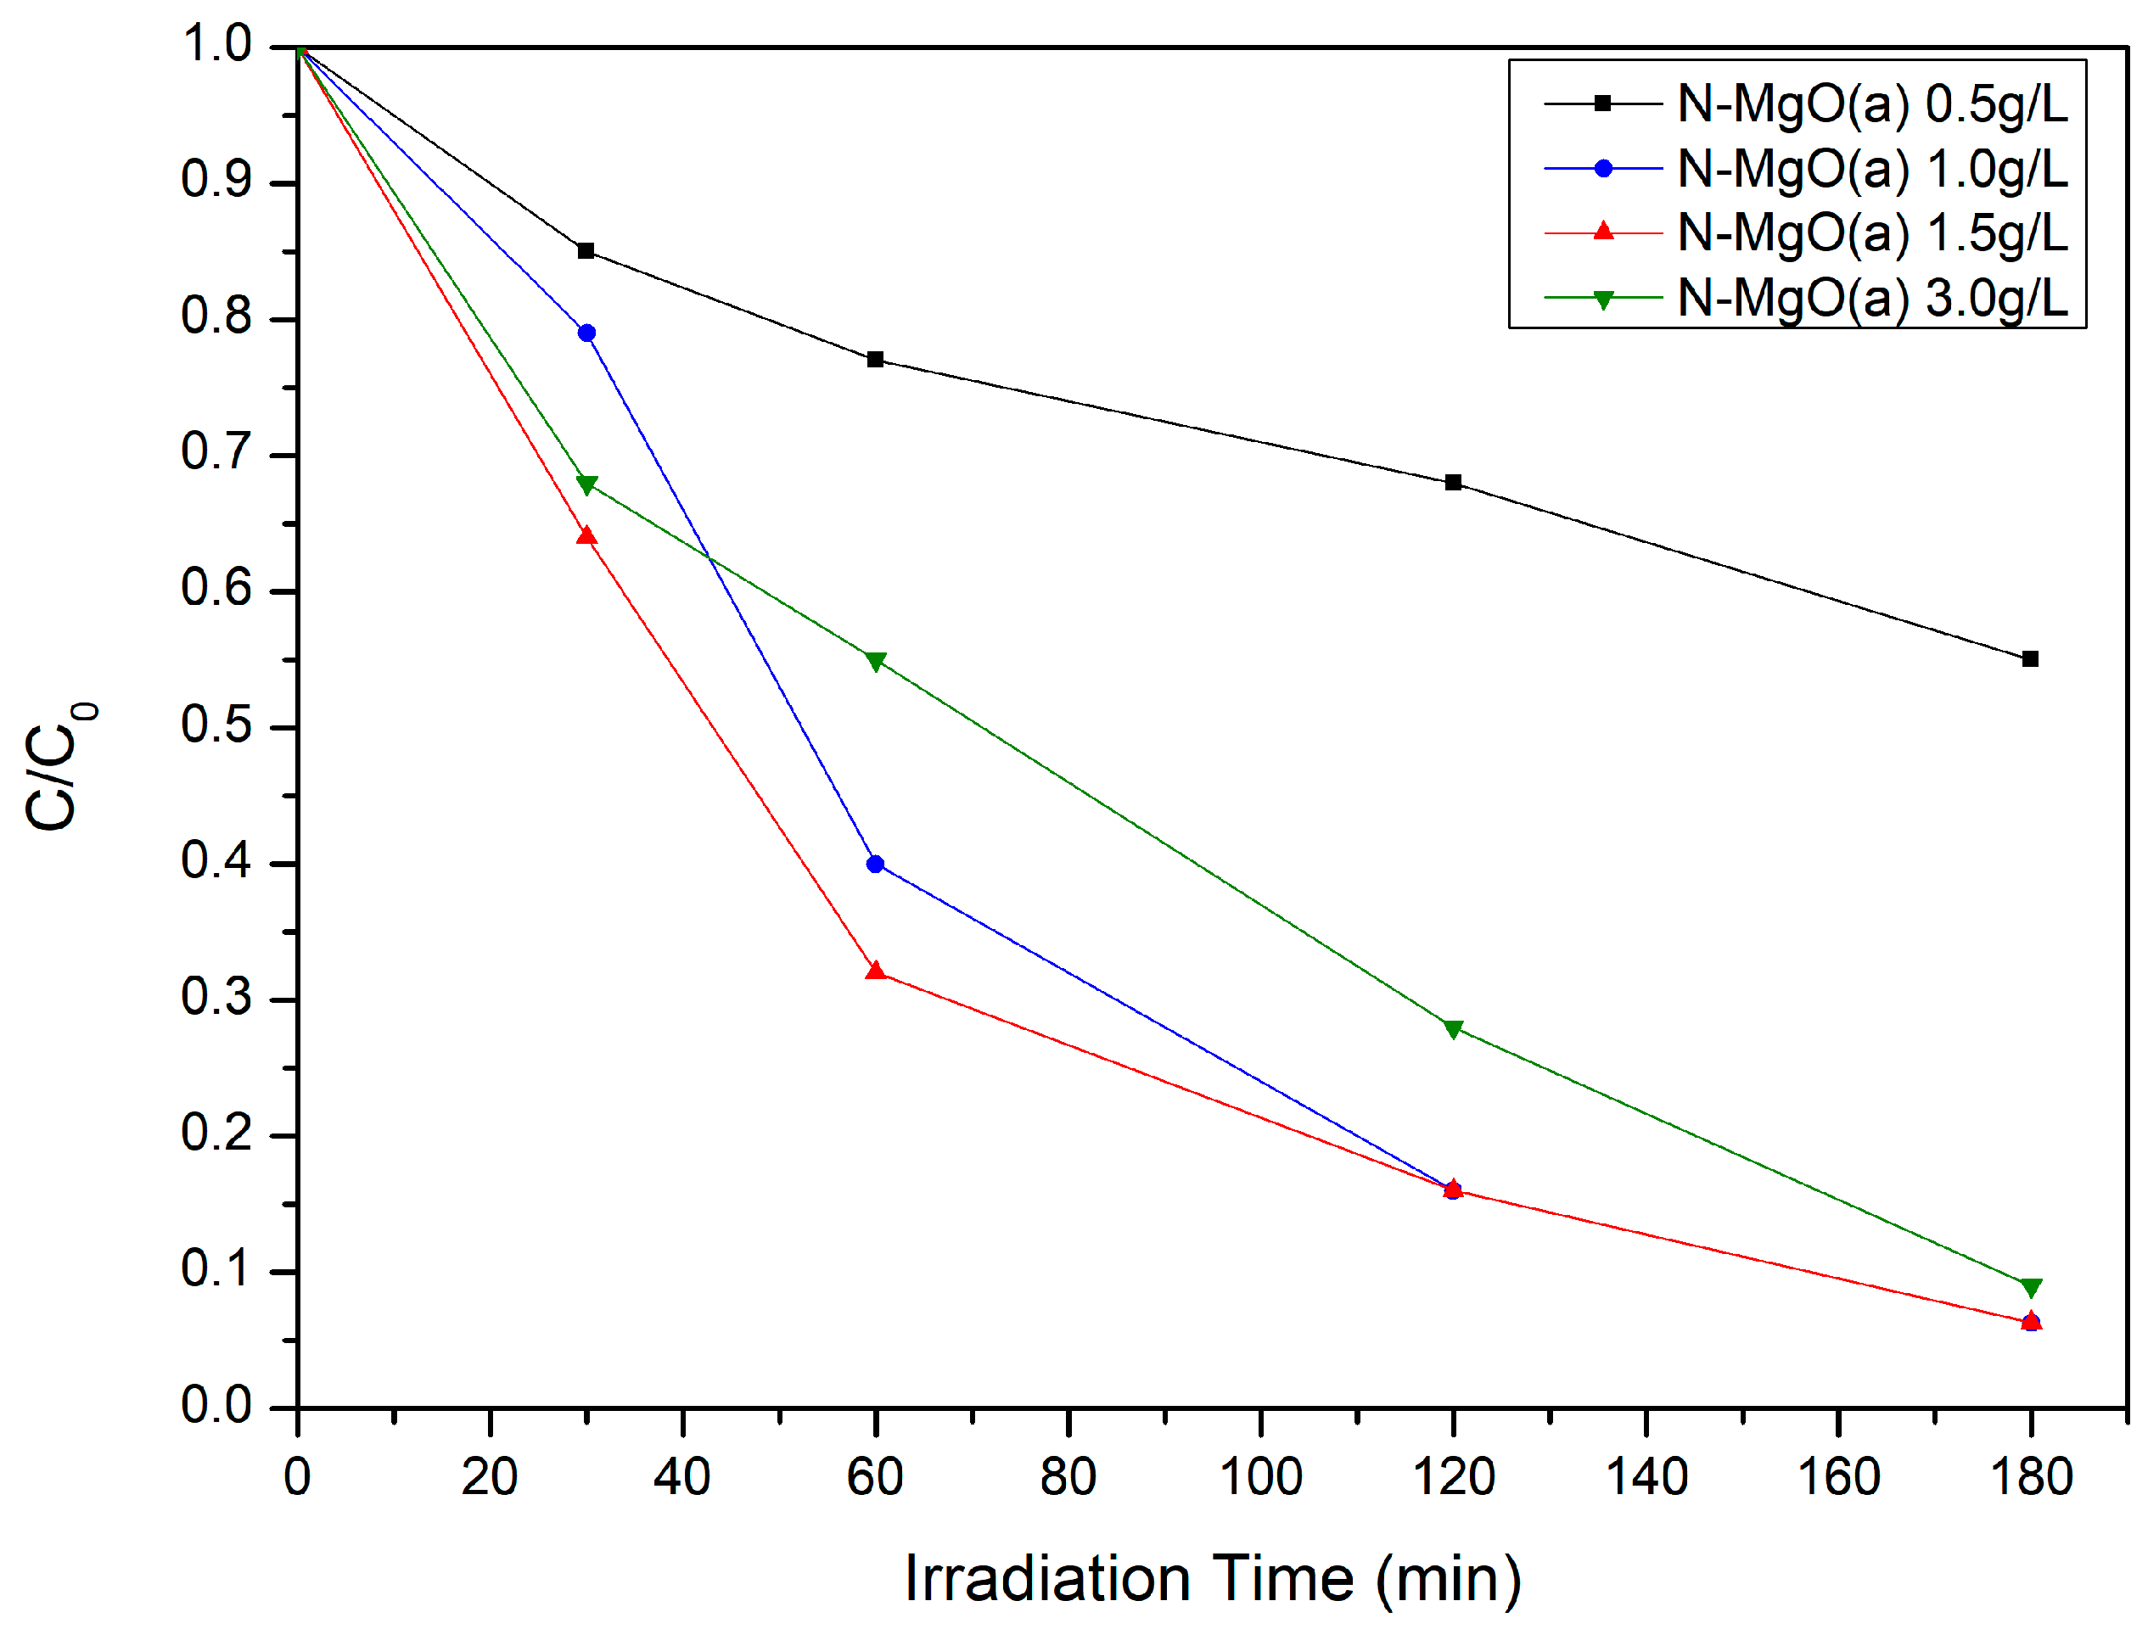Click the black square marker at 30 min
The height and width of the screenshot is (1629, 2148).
coord(586,250)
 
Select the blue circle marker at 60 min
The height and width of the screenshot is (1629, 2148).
coord(875,864)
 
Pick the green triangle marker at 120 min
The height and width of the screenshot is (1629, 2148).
coord(1453,1029)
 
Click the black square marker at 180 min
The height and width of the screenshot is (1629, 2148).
coord(2029,659)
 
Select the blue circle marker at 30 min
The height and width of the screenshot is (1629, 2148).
coord(586,333)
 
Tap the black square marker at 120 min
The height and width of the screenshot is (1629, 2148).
coord(1453,483)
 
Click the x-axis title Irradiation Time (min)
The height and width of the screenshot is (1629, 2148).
coord(1212,1579)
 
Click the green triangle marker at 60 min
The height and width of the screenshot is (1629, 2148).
coord(875,662)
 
